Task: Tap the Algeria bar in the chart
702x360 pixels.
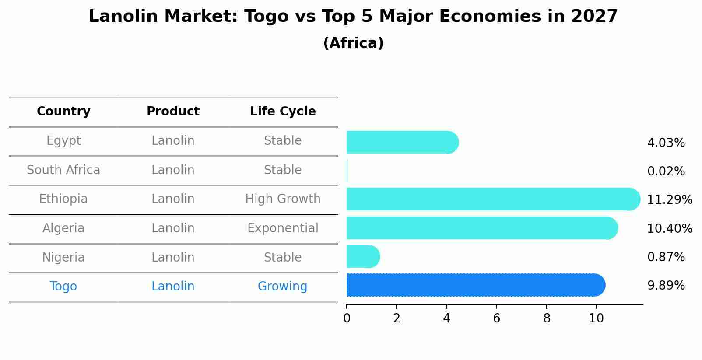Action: coord(482,228)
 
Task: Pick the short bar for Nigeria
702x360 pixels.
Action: coord(363,256)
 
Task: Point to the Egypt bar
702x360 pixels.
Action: coord(402,142)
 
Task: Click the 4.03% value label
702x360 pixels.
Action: coord(666,143)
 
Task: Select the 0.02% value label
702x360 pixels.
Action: coord(666,171)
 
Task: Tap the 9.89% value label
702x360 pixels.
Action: coord(666,286)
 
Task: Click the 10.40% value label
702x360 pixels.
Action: coord(670,228)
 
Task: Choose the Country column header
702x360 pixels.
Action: coord(63,112)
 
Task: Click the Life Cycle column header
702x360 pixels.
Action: coord(283,112)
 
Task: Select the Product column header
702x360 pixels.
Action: coord(173,112)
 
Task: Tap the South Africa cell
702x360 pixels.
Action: coord(63,170)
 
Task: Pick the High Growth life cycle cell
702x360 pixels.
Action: coord(283,199)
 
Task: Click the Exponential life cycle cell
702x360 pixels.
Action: coord(283,228)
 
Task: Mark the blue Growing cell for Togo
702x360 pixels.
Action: coord(282,287)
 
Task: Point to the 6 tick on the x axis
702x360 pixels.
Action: coord(496,318)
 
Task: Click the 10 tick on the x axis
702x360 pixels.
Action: coord(596,318)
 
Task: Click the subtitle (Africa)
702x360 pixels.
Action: coord(353,43)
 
